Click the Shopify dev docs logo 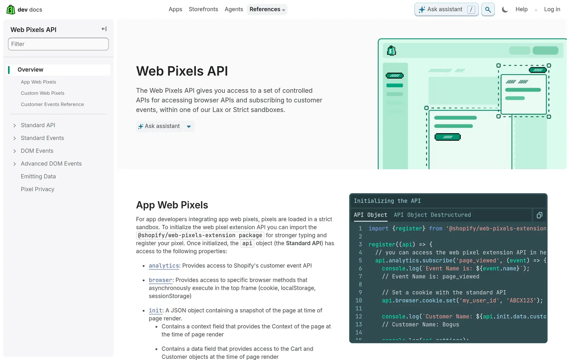point(24,10)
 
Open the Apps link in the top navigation point(175,9)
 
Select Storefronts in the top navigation point(203,9)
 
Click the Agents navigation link point(234,9)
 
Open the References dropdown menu point(267,9)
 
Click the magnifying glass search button point(488,10)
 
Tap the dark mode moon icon point(505,10)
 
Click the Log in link point(552,9)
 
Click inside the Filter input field point(58,44)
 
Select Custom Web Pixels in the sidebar point(42,93)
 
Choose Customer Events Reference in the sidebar point(52,104)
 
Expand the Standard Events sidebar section point(42,138)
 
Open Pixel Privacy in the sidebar point(38,189)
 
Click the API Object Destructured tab point(432,215)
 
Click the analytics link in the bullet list point(164,266)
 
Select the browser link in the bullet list point(160,280)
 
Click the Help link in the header point(521,9)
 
